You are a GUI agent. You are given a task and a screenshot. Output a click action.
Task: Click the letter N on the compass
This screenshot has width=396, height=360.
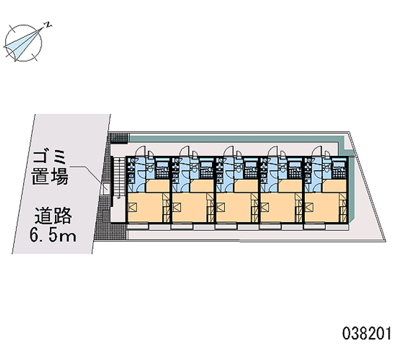[x=48, y=25]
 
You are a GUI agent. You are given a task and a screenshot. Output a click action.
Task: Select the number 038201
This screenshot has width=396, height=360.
[x=366, y=333]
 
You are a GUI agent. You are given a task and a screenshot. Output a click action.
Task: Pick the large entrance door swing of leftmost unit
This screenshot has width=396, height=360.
[x=141, y=152]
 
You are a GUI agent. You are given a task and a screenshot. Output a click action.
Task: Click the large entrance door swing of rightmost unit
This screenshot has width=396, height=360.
[x=317, y=152]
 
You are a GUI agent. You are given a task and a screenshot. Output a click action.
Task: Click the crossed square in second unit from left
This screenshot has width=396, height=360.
[x=176, y=207]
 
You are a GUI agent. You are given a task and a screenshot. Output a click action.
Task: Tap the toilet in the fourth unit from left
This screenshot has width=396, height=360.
[x=283, y=167]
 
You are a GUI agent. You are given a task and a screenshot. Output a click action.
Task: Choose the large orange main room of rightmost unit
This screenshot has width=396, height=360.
[x=322, y=207]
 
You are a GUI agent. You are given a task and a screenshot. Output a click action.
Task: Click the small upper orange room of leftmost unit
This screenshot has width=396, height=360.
[x=157, y=186]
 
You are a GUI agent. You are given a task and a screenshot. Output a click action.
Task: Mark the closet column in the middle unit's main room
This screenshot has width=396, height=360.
[x=254, y=207]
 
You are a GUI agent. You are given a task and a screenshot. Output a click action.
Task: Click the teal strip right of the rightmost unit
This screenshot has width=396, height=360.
[x=352, y=184]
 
